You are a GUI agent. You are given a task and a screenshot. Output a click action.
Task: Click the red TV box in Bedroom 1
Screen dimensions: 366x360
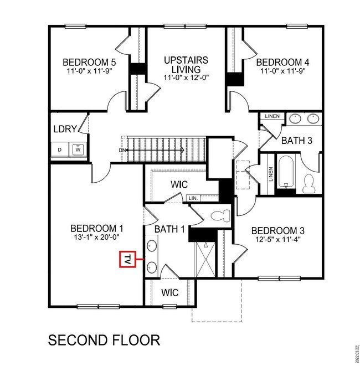[x=127, y=259]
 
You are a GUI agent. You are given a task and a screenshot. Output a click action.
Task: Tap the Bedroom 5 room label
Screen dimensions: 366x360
[x=89, y=62]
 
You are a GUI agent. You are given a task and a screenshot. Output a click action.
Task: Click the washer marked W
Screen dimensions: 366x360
[x=78, y=149]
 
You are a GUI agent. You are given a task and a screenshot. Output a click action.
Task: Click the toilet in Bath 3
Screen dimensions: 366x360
[x=310, y=182]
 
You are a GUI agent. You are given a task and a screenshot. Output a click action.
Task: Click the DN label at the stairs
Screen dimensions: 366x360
[x=121, y=150]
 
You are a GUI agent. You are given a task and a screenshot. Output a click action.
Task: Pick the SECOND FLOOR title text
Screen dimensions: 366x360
[x=104, y=339]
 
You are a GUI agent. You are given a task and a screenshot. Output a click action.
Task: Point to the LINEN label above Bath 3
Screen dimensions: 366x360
[x=272, y=116]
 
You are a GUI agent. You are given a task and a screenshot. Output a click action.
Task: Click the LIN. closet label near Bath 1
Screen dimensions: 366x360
[x=193, y=198]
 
